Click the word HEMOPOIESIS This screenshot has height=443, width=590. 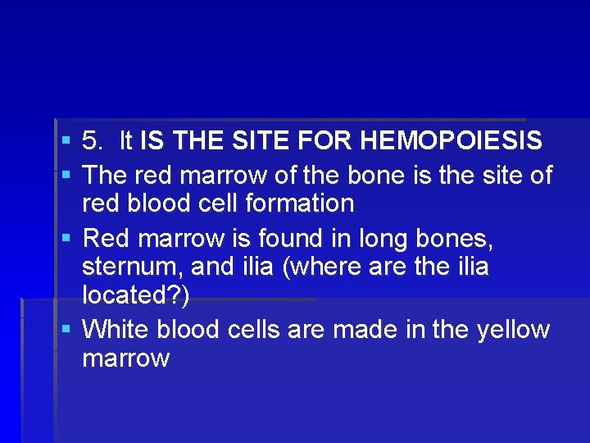451,141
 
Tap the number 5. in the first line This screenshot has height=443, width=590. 94,141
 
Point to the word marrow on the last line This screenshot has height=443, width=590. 126,359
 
